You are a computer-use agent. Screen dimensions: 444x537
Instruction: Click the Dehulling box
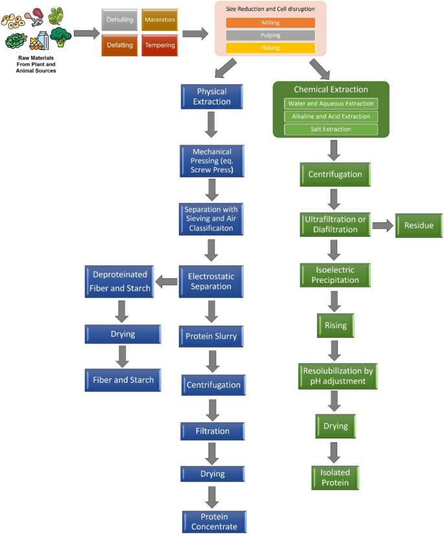click(x=120, y=20)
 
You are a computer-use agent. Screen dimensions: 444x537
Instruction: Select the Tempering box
click(x=160, y=45)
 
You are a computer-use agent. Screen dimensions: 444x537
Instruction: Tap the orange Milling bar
click(x=270, y=23)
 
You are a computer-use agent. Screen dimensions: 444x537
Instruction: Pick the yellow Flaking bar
click(x=270, y=48)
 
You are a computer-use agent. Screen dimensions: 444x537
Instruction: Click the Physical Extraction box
click(x=212, y=97)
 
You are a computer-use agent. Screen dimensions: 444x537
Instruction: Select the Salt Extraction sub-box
click(x=331, y=129)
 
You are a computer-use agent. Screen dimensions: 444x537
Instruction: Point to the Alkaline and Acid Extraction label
click(x=331, y=117)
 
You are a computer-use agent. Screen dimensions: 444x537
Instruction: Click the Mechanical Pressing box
click(x=212, y=161)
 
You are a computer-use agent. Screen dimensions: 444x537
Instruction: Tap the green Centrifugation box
click(x=335, y=174)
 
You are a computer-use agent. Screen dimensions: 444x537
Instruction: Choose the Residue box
click(x=419, y=225)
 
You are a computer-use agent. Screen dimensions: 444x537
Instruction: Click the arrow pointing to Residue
click(x=383, y=225)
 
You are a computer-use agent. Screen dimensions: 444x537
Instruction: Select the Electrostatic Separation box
click(x=211, y=281)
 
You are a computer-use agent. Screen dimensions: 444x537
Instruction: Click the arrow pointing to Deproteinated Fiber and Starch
click(x=167, y=282)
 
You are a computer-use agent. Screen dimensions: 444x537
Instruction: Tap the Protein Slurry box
click(x=211, y=337)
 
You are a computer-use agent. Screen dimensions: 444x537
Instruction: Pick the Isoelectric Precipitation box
click(x=335, y=275)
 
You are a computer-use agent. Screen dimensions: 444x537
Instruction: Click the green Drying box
click(x=336, y=426)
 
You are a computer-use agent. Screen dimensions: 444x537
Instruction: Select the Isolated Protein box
click(x=335, y=478)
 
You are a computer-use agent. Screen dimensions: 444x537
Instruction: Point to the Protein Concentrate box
click(x=215, y=521)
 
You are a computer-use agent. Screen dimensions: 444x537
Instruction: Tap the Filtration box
click(x=213, y=431)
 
